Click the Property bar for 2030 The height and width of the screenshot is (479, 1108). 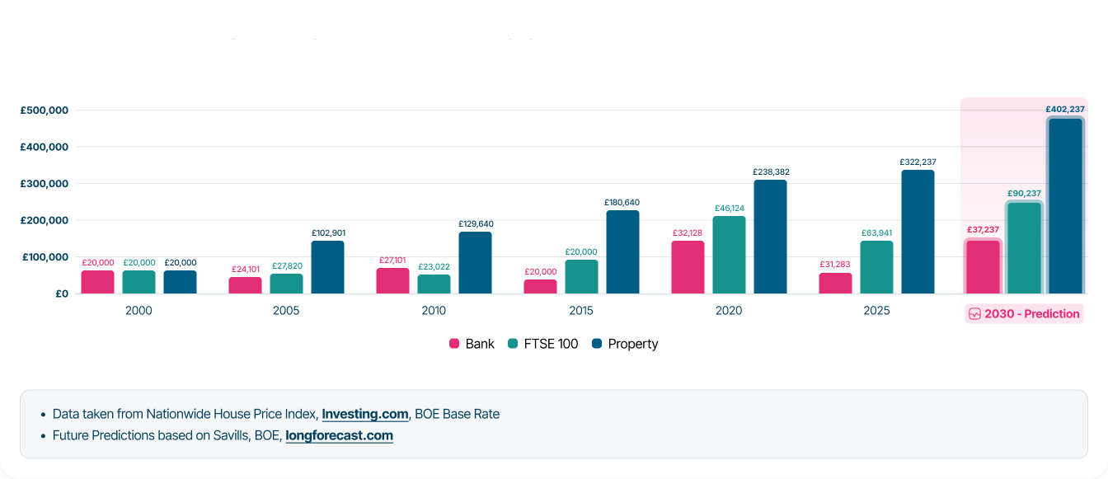click(1065, 206)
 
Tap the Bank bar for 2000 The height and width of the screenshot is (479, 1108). click(97, 282)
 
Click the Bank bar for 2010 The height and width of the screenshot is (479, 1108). click(392, 281)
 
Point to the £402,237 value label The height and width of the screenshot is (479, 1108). click(1065, 109)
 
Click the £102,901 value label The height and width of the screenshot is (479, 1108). click(327, 232)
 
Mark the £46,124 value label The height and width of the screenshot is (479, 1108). click(729, 208)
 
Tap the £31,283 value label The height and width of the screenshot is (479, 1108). click(835, 264)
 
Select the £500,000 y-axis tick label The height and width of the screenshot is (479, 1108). click(46, 110)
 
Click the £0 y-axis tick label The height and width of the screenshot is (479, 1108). click(62, 294)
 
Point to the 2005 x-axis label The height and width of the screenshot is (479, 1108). click(286, 311)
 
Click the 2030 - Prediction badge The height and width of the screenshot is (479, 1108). click(1023, 313)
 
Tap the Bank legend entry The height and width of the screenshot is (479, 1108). click(472, 344)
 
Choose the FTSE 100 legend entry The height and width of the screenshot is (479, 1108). click(543, 344)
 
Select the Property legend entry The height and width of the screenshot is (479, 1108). click(625, 344)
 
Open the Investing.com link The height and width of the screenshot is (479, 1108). click(364, 414)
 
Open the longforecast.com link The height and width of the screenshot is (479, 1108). click(339, 435)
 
